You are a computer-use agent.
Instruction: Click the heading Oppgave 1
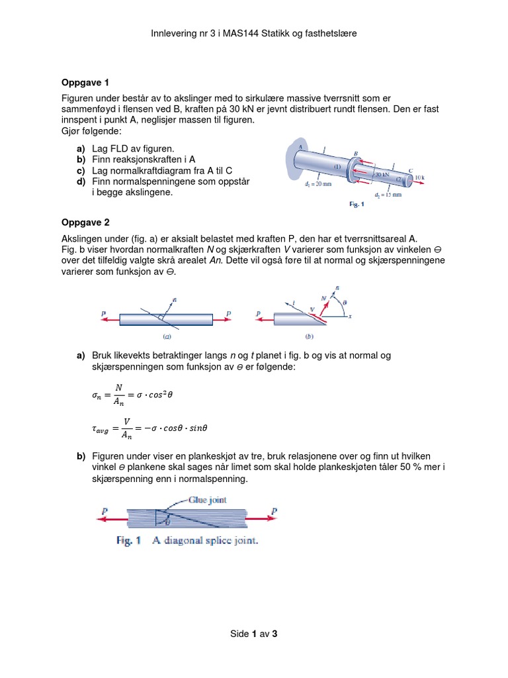85,83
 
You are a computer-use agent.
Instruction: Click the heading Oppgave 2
85,222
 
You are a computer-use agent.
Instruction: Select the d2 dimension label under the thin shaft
388,195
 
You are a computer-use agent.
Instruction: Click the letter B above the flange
356,151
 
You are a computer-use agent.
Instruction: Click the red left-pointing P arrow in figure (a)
110,319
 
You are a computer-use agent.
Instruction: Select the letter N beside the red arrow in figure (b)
323,299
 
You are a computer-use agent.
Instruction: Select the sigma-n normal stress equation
136,394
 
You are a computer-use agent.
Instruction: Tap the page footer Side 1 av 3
253,634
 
